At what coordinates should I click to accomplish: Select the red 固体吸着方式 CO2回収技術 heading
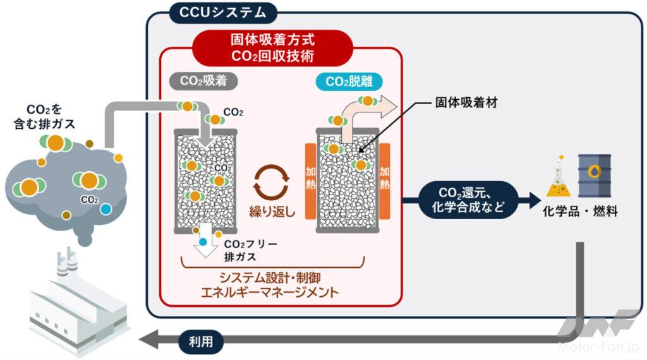[281, 48]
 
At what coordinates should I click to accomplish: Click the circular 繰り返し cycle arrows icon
[271, 181]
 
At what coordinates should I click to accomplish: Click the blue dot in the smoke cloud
[106, 208]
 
